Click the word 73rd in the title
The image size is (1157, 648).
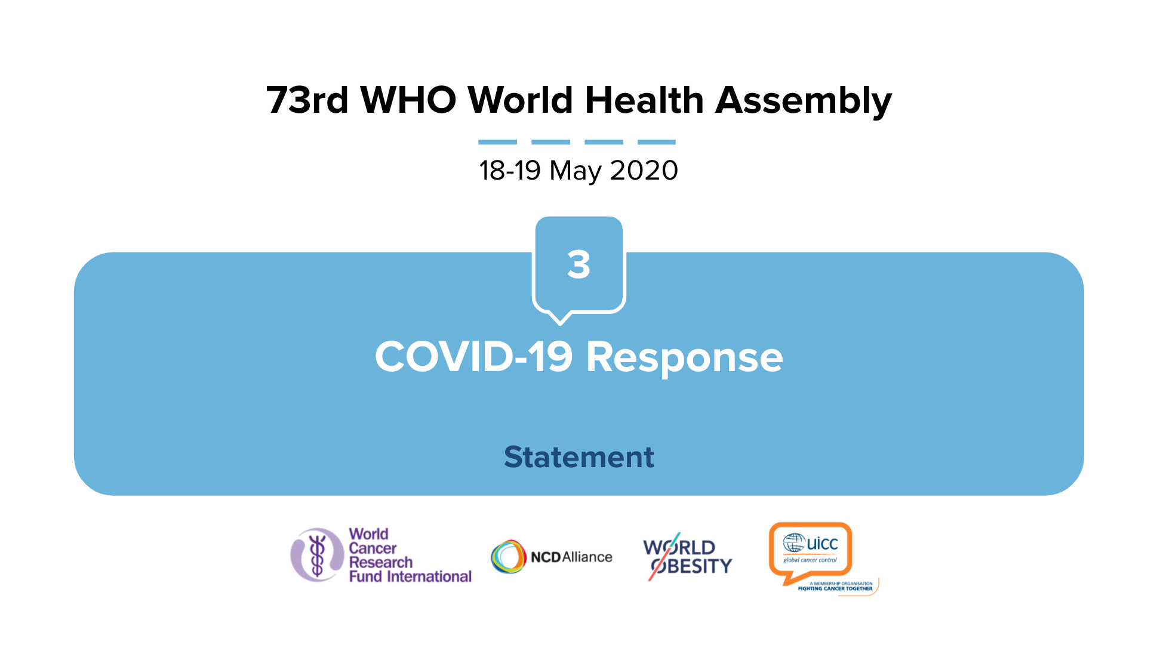pyautogui.click(x=307, y=100)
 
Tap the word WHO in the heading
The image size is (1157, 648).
pyautogui.click(x=408, y=100)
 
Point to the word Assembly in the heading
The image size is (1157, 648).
pyautogui.click(x=804, y=101)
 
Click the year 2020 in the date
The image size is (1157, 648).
pyautogui.click(x=644, y=171)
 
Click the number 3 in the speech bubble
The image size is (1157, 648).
pyautogui.click(x=578, y=264)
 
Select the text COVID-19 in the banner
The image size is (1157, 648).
pyautogui.click(x=473, y=357)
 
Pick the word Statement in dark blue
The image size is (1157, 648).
pyautogui.click(x=579, y=457)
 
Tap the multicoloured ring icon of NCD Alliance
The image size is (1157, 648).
pyautogui.click(x=508, y=557)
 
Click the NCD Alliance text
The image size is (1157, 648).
pyautogui.click(x=571, y=557)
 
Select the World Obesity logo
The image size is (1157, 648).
pyautogui.click(x=687, y=556)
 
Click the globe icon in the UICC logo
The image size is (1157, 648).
pyautogui.click(x=793, y=543)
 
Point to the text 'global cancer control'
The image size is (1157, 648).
pyautogui.click(x=810, y=560)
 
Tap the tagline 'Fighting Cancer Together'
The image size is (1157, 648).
pyautogui.click(x=835, y=589)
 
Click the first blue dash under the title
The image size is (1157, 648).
pyautogui.click(x=497, y=142)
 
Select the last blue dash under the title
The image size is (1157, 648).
pyautogui.click(x=657, y=142)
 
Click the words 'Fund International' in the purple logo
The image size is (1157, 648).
pyautogui.click(x=410, y=576)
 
